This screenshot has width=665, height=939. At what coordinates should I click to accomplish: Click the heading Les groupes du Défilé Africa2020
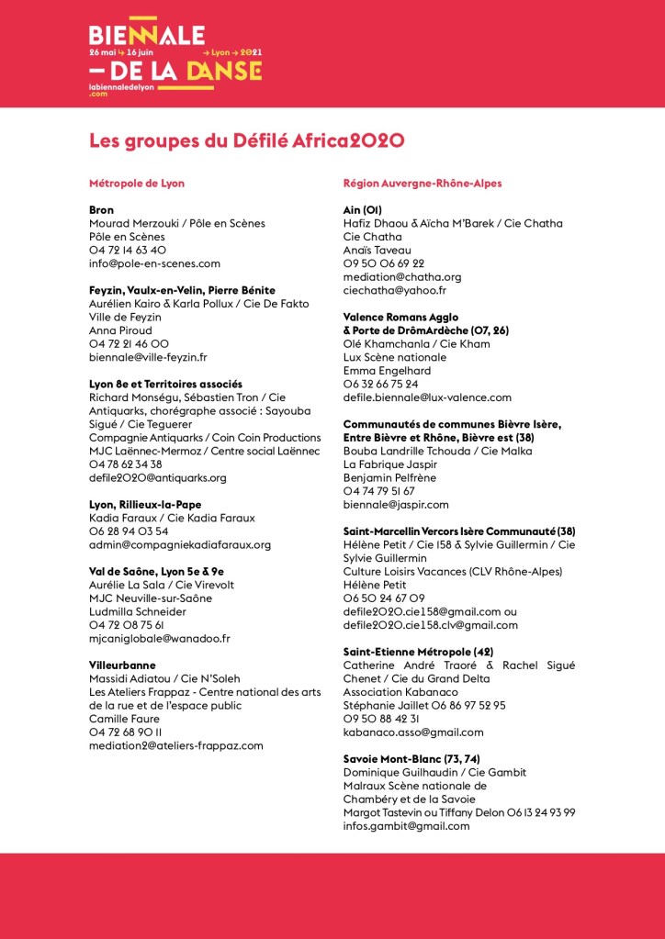click(247, 140)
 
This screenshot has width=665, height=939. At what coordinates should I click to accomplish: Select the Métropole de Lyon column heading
click(137, 183)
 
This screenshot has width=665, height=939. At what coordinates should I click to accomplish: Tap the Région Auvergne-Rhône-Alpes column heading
click(423, 183)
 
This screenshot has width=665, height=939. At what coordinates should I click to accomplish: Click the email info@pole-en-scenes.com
click(154, 263)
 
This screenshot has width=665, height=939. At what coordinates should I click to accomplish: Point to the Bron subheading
click(101, 210)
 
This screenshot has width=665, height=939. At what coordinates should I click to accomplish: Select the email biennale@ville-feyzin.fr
click(148, 357)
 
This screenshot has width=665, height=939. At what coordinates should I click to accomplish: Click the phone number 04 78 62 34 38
click(125, 464)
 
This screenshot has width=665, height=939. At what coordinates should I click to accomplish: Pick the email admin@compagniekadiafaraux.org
click(180, 544)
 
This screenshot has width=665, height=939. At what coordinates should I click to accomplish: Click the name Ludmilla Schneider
click(138, 611)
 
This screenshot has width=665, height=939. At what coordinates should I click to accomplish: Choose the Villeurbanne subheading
click(122, 665)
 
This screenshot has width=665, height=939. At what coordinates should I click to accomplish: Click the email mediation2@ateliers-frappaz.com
click(176, 745)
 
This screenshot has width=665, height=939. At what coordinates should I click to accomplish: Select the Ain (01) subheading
click(362, 210)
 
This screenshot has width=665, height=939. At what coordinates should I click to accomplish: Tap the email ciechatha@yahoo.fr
click(394, 290)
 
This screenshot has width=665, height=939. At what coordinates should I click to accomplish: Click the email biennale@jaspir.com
click(396, 504)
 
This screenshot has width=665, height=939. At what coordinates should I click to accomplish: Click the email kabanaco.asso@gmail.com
click(413, 732)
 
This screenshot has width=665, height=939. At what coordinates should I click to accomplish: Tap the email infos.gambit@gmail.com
click(406, 826)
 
